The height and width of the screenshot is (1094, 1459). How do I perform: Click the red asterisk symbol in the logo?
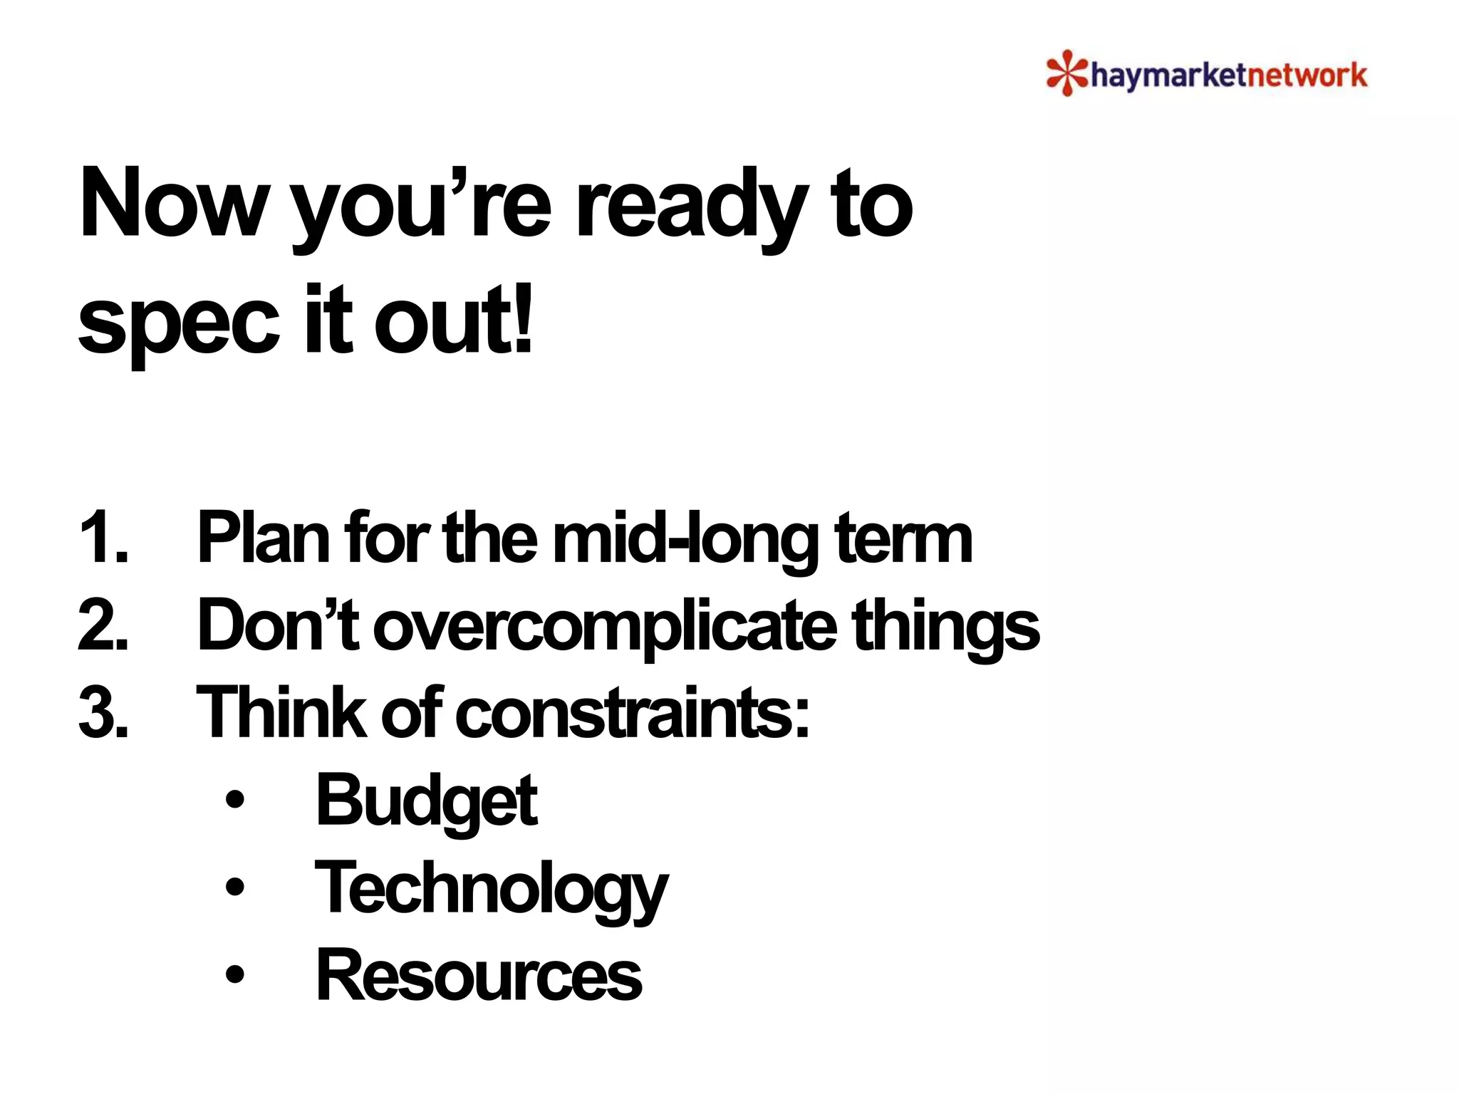click(1066, 73)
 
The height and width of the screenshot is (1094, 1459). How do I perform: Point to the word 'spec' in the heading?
click(178, 321)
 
